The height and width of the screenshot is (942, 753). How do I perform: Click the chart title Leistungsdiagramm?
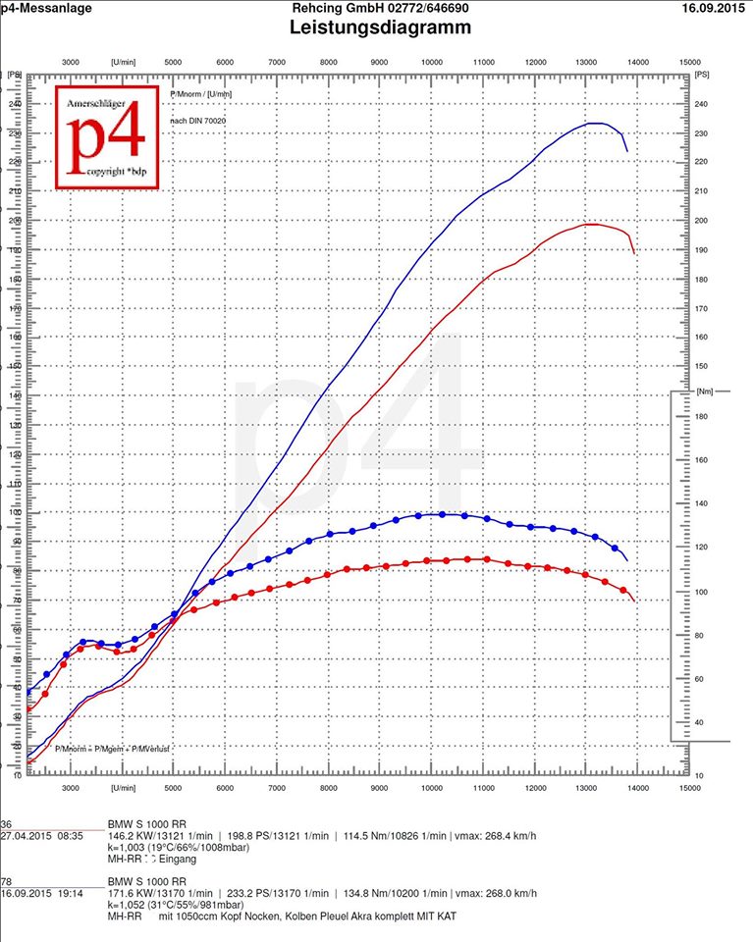point(380,27)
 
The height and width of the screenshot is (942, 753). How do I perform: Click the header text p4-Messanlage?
point(46,8)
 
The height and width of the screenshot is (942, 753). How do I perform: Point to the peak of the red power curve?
point(591,224)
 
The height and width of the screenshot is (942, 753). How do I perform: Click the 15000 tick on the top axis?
point(688,61)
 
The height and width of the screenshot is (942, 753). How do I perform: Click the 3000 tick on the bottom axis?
point(71,788)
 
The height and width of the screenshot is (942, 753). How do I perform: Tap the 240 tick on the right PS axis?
point(701,103)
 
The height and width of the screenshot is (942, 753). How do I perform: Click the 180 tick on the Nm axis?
point(701,416)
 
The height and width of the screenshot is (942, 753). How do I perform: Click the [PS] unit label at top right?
point(701,74)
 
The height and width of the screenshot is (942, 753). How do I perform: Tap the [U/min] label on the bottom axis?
point(124,788)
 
